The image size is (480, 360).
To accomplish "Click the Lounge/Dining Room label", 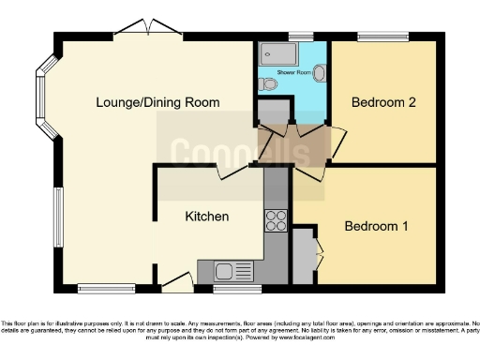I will coord(157,102).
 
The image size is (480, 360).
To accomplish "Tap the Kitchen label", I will coord(207,217).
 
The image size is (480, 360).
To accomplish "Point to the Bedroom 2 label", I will coord(382,103).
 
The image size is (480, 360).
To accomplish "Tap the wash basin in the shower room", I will coord(320,72).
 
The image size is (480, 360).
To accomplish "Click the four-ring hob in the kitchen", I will coord(277,221).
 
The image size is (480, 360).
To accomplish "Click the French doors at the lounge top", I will coord(154,28).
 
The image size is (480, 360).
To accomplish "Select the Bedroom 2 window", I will coord(382,37).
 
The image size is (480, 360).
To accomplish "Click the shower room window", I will coord(301,37).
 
